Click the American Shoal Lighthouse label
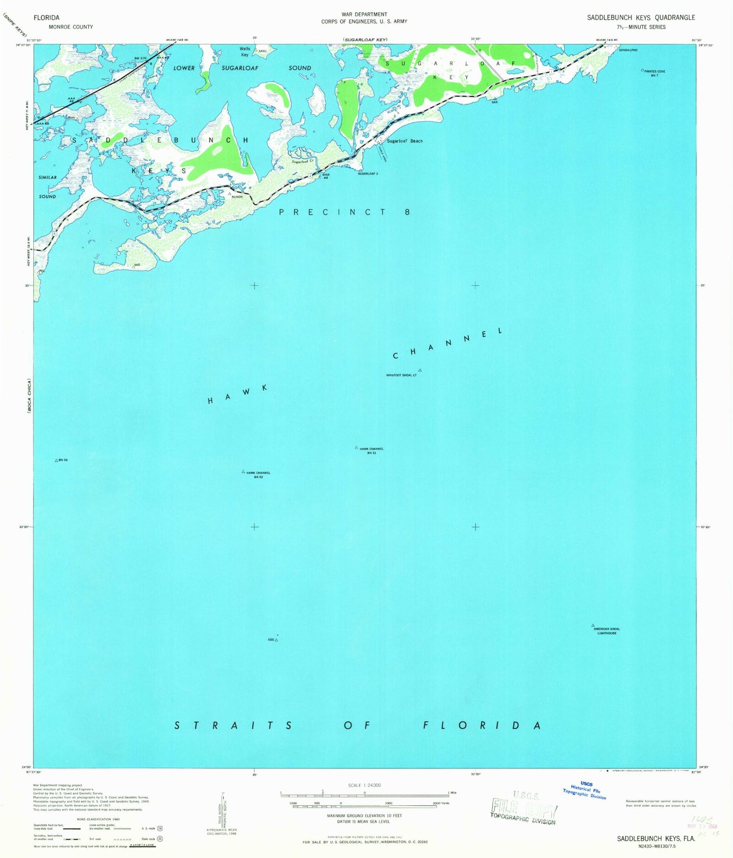608,631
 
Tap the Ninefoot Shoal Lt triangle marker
420,370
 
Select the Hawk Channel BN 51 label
371,450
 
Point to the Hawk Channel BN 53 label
258,475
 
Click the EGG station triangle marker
276,640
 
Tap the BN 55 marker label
63,460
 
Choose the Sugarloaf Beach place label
404,141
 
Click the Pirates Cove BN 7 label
654,73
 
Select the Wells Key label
245,52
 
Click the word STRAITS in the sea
233,726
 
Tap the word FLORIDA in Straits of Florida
481,725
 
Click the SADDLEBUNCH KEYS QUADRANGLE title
641,17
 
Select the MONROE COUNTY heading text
71,27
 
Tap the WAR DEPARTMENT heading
364,14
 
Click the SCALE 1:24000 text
364,785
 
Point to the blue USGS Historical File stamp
585,791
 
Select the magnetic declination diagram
222,811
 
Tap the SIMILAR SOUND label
48,187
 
